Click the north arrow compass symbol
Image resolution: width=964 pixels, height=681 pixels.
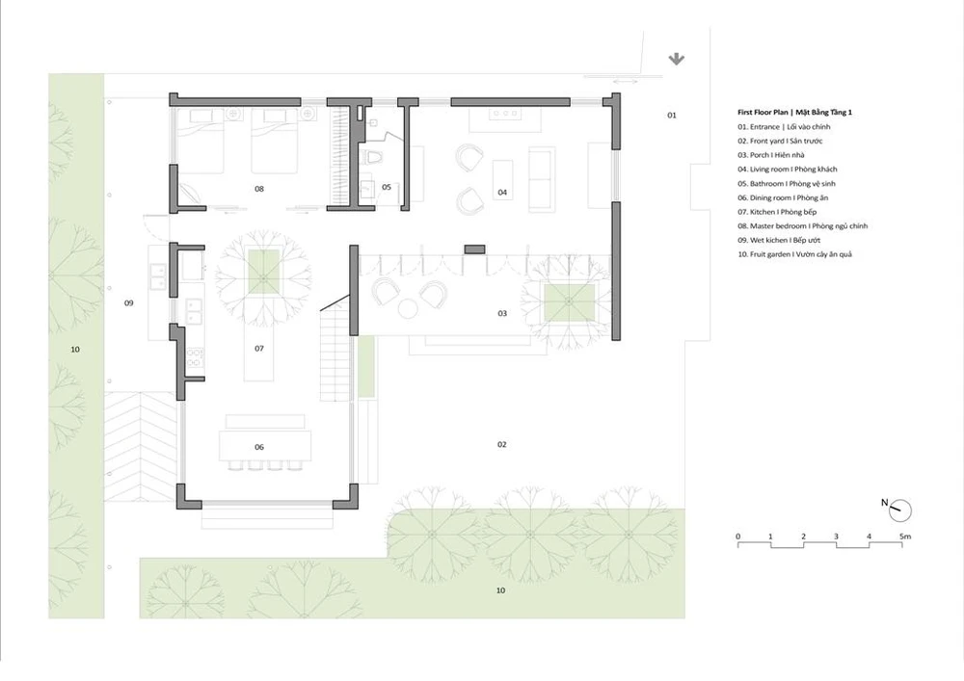(899, 510)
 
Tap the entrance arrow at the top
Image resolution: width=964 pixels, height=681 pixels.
(677, 59)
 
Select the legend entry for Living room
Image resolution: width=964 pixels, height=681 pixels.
(788, 169)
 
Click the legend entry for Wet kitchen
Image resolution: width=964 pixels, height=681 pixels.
(779, 240)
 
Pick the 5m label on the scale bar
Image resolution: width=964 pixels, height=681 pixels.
(905, 537)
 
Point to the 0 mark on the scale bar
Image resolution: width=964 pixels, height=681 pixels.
(737, 537)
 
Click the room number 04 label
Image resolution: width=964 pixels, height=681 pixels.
(502, 193)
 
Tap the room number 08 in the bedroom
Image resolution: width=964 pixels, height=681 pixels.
(259, 189)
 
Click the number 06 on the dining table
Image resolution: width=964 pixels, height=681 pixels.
(259, 447)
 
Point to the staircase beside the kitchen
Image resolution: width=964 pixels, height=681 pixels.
(335, 354)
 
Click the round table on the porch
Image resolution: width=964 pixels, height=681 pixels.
(408, 308)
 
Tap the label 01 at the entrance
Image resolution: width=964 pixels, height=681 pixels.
(672, 115)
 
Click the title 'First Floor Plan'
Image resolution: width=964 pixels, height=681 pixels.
(763, 113)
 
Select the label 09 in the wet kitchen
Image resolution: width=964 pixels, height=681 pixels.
(129, 302)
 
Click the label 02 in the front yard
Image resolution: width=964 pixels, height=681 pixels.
(502, 444)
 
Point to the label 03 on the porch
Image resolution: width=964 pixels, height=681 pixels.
(502, 313)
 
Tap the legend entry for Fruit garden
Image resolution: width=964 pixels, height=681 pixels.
(795, 254)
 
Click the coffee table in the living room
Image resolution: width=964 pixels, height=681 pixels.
(502, 172)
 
